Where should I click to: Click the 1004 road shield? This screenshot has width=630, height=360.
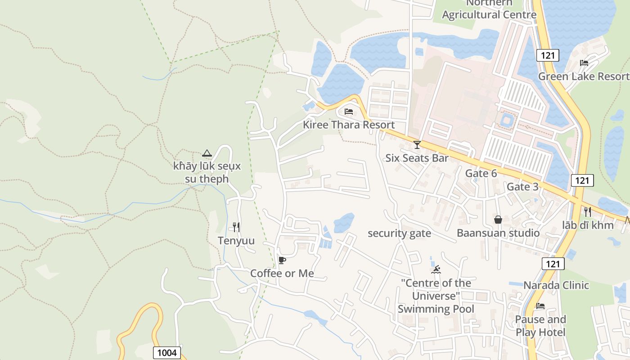point(167,353)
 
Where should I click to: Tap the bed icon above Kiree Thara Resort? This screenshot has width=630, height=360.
point(349,112)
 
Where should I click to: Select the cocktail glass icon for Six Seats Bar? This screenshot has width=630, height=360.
point(417,144)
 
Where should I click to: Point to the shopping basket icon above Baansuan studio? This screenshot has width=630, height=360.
point(498,220)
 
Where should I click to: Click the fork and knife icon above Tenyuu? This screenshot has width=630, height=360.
point(236,227)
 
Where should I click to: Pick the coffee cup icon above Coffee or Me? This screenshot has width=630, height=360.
point(282,260)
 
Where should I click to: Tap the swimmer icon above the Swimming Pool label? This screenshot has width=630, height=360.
point(436,270)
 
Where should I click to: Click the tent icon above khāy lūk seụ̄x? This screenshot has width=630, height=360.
point(207,153)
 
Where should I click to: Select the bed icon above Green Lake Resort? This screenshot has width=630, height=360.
point(584,63)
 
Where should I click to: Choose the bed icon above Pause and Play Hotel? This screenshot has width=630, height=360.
point(540,306)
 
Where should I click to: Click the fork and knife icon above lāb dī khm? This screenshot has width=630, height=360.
point(587,211)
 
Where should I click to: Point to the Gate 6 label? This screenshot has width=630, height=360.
point(481,173)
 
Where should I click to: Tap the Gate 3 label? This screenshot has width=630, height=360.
point(522,187)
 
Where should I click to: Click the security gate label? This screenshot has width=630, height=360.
point(399,233)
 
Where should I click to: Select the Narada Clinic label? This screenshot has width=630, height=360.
point(556,285)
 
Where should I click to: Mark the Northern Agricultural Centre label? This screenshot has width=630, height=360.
point(489,9)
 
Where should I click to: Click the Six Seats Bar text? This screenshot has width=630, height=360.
point(417,158)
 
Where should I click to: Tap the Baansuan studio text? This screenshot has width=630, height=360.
point(498,233)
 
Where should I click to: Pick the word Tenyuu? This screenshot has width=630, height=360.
point(236,241)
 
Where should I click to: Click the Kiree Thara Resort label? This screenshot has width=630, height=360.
point(349,125)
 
